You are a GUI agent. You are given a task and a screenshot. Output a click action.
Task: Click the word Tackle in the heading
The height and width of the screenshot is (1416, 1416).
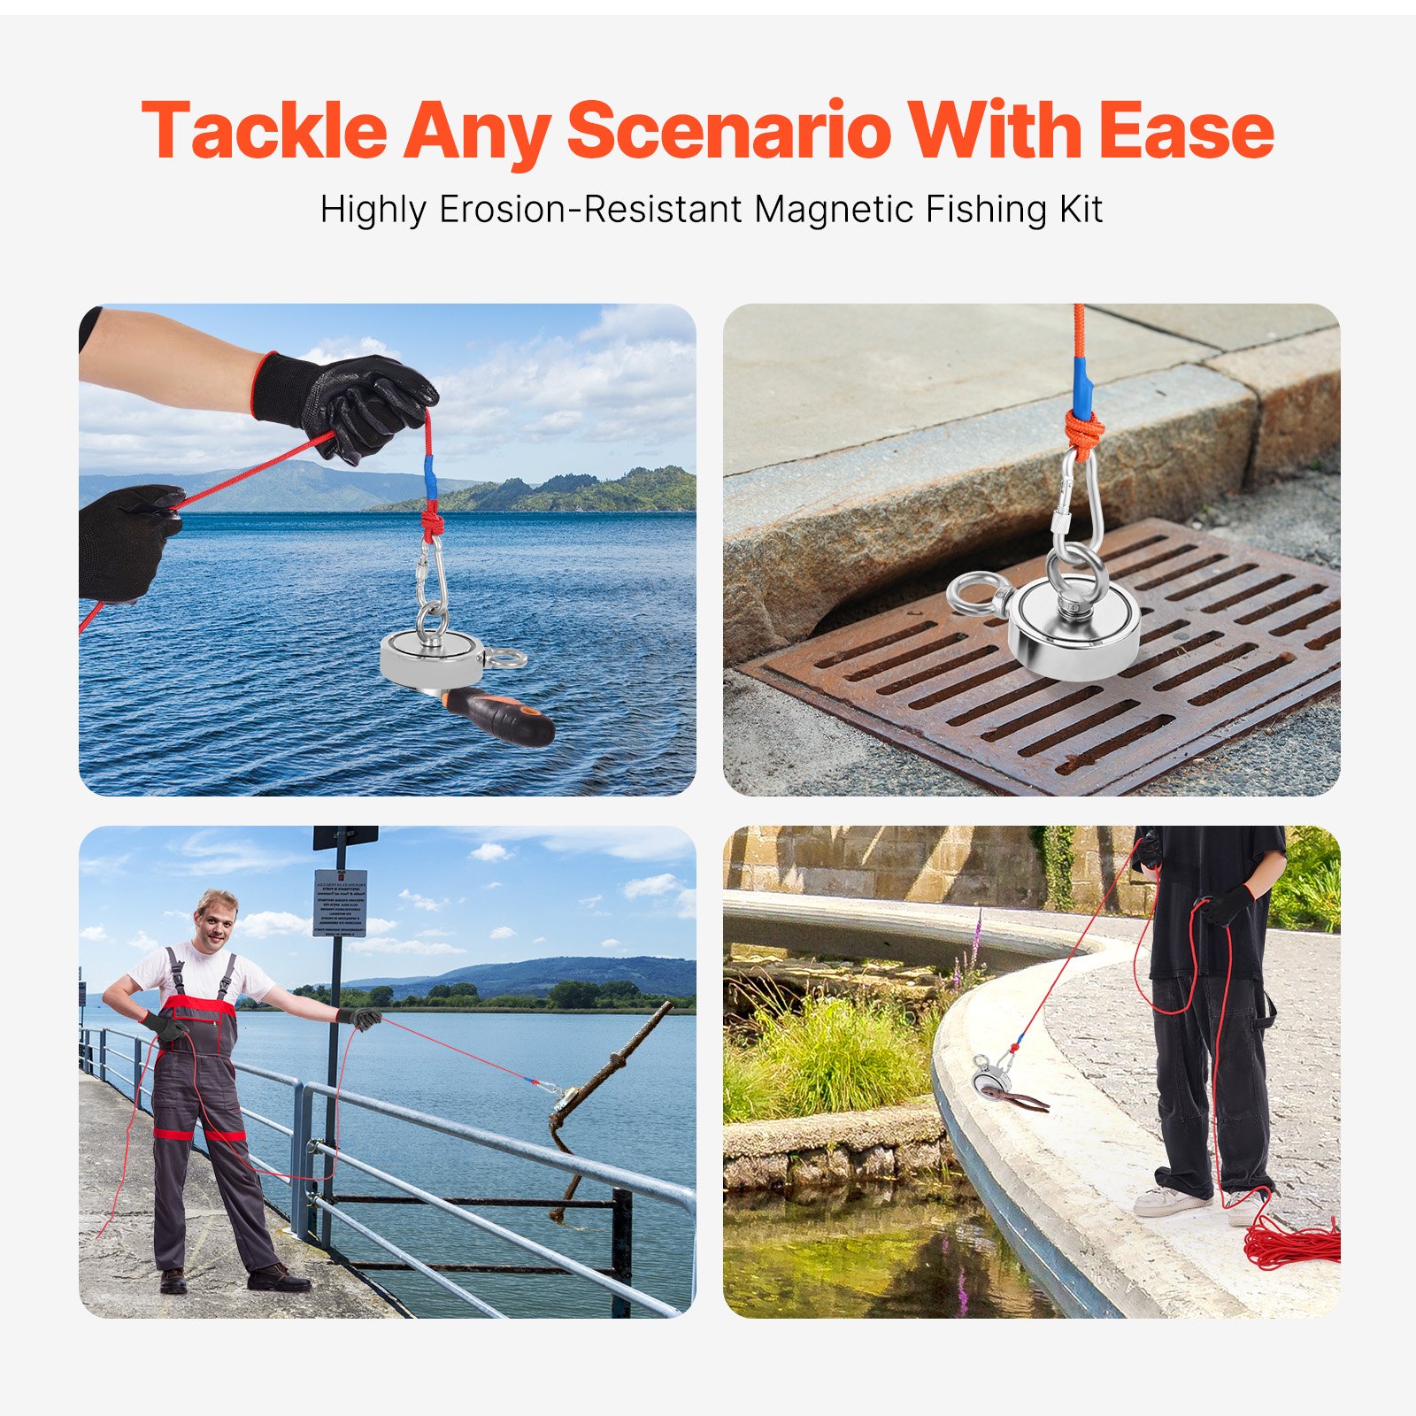[264, 131]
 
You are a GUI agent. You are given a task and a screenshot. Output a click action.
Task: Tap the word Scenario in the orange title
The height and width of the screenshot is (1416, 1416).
[728, 131]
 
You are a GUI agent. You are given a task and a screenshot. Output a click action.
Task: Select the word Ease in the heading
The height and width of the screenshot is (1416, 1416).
[1186, 131]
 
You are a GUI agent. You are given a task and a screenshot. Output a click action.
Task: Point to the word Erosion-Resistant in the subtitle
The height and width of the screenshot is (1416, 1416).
[590, 210]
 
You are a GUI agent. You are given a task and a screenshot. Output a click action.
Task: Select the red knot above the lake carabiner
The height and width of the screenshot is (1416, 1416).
[432, 522]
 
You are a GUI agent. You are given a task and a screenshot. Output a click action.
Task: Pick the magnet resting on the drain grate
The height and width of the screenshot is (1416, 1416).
[1075, 628]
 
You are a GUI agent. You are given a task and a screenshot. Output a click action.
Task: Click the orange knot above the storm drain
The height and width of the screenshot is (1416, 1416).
[1085, 434]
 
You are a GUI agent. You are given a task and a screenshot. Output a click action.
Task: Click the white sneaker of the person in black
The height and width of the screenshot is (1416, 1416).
[1170, 1201]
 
